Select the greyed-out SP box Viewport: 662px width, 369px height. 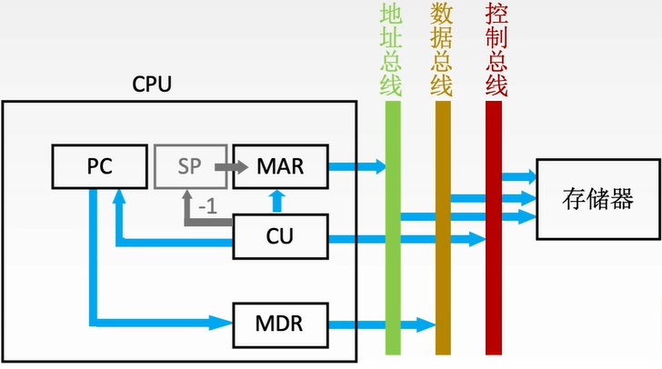click(x=191, y=167)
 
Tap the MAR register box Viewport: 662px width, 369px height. click(x=280, y=167)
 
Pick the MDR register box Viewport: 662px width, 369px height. click(x=280, y=324)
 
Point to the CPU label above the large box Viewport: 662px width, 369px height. click(x=152, y=85)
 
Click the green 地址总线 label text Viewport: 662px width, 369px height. click(x=391, y=50)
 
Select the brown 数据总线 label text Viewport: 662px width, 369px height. click(x=442, y=50)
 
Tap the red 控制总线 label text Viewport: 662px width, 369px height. click(x=496, y=50)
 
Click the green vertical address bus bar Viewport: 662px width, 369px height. click(x=393, y=273)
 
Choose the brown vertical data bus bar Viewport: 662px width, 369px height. click(x=443, y=273)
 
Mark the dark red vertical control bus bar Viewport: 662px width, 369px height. click(x=494, y=273)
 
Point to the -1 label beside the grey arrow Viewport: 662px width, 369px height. click(x=207, y=206)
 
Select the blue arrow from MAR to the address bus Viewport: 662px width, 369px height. click(x=356, y=166)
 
